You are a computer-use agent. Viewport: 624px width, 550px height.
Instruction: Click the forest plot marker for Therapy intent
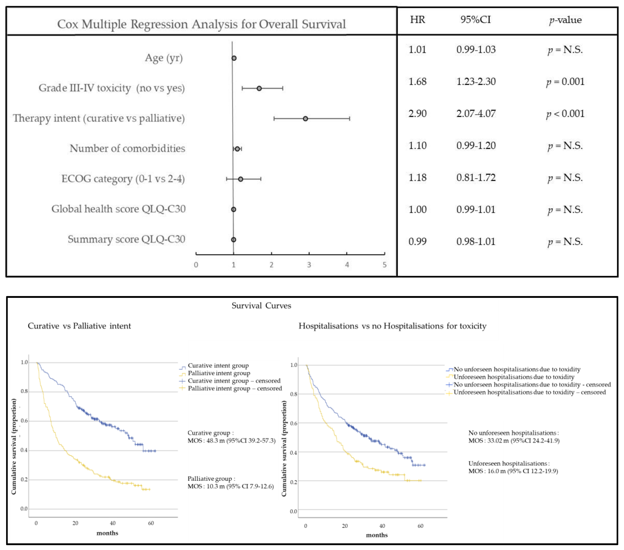pos(305,119)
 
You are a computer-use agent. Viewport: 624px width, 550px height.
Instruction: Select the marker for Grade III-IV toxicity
pos(259,88)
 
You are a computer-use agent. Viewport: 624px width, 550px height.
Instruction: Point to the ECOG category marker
pos(241,179)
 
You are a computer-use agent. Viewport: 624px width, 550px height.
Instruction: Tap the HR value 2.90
pos(417,114)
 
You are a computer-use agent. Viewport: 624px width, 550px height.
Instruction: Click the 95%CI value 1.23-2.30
pos(476,82)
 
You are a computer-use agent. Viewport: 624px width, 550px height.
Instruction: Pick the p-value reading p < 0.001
pos(565,114)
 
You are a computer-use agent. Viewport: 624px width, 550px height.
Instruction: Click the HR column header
pos(417,20)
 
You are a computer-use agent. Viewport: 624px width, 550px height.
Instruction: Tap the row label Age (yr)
pos(164,58)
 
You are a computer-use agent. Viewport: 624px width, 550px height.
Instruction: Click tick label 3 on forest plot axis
pos(309,265)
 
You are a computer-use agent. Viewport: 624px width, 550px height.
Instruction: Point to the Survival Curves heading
pos(261,306)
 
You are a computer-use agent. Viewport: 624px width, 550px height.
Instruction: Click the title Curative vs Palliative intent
pos(79,326)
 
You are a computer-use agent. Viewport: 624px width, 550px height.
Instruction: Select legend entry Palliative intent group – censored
pos(234,388)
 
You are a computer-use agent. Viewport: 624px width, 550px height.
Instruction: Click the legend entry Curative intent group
pos(218,366)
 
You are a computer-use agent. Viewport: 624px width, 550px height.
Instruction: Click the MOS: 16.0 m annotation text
pos(513,471)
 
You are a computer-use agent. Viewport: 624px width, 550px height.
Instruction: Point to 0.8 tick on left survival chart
pos(24,391)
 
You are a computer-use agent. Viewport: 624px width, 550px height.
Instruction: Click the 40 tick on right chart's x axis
pos(382,526)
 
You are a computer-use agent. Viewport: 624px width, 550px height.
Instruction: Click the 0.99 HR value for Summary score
pos(417,242)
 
